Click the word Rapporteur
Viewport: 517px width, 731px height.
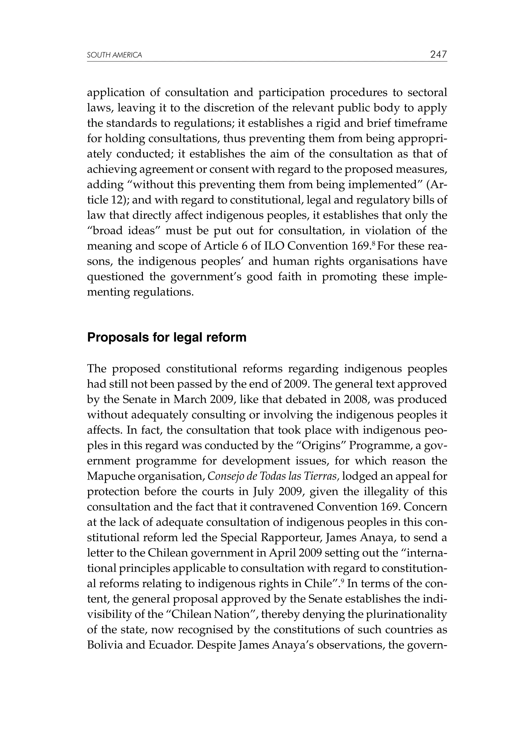292,538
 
